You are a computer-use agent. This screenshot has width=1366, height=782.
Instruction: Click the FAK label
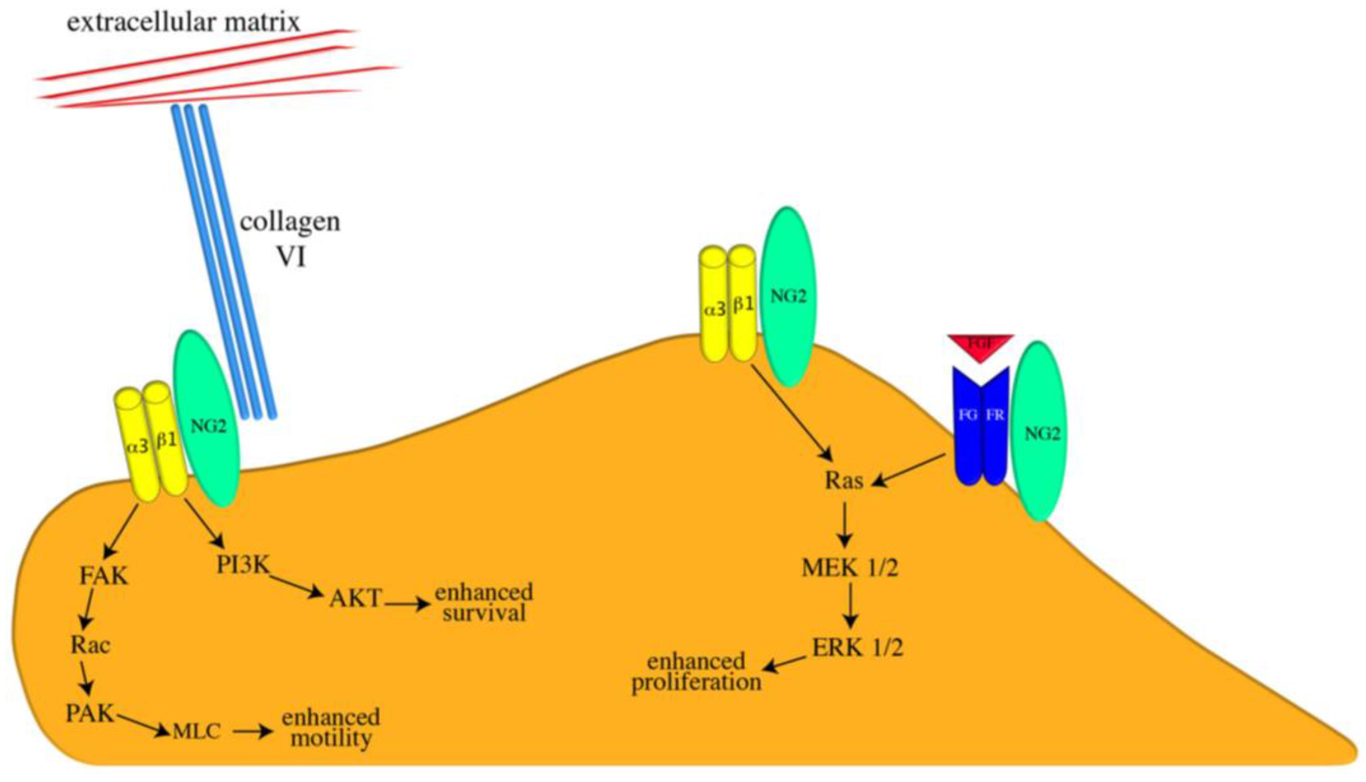[103, 576]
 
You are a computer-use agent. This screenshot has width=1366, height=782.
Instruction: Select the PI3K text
[243, 564]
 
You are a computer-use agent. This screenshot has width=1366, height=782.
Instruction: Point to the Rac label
[90, 645]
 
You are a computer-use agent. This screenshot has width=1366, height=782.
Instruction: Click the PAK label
[90, 713]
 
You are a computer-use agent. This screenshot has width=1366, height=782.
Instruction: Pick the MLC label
[197, 732]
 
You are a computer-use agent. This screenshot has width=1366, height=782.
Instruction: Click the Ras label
[844, 481]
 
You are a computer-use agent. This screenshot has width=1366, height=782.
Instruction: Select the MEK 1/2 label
[850, 568]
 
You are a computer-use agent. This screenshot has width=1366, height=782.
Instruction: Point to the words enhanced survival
[484, 603]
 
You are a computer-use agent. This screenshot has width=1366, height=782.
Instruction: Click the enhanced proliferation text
[697, 671]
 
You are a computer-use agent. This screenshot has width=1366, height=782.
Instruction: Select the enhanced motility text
[331, 728]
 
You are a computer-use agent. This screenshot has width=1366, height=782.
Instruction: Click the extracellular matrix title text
[183, 22]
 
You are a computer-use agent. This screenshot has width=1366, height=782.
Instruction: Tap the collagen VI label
[290, 239]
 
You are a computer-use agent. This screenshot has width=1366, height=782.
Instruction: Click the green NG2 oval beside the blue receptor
[1040, 433]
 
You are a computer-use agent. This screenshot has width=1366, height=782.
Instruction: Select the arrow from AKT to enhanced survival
[407, 604]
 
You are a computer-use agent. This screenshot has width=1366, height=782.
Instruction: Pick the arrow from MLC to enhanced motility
[251, 732]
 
